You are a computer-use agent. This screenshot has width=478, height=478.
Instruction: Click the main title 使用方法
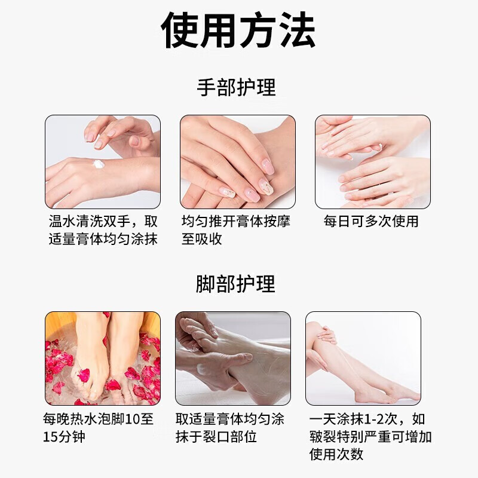point(238,30)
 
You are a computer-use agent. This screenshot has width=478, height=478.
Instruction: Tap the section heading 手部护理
point(237,88)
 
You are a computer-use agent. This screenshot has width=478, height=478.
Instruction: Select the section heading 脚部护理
point(236,284)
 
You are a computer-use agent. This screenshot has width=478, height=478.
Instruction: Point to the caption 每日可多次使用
point(371,221)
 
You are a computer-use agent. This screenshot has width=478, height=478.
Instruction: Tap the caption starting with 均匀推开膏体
point(236,230)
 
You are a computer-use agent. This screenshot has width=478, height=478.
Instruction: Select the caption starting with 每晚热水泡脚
point(99,427)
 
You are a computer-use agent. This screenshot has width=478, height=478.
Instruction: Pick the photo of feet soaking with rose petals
point(103,358)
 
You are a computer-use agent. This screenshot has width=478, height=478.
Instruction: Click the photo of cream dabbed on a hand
point(103,161)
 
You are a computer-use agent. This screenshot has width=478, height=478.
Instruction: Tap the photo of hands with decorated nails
point(237,161)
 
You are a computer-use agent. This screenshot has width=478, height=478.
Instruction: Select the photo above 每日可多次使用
point(372,161)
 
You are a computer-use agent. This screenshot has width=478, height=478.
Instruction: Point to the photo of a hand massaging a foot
point(232,358)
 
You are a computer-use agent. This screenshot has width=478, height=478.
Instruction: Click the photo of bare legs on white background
point(363,358)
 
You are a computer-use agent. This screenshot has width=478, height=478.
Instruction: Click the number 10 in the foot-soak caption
point(134,419)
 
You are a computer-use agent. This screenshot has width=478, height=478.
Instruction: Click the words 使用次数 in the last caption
point(336,454)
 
